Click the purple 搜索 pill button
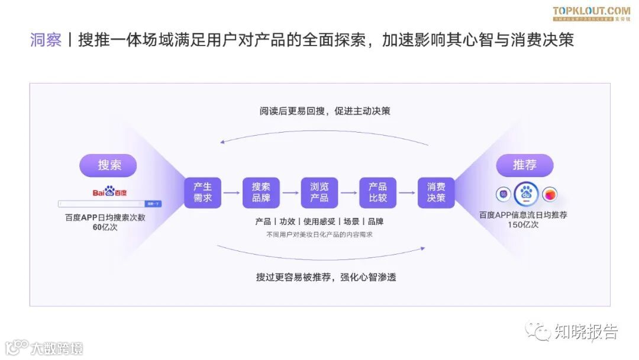[x=109, y=165]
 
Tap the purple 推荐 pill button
[x=524, y=165]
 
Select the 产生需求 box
[x=202, y=192]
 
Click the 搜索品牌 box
[x=261, y=192]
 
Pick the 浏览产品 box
[x=319, y=192]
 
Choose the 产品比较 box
[x=377, y=192]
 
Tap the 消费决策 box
[x=436, y=192]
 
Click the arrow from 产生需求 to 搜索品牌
[x=231, y=192]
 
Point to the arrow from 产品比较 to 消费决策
[x=407, y=192]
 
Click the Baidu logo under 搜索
[x=109, y=192]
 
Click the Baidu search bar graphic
[x=109, y=204]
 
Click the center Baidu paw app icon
[x=525, y=194]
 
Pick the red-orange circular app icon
[x=550, y=194]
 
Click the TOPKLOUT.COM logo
[x=591, y=11]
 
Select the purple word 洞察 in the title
[x=46, y=40]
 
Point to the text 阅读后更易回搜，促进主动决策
[x=324, y=111]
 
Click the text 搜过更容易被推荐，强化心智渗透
[x=325, y=277]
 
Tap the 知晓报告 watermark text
[x=585, y=332]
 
